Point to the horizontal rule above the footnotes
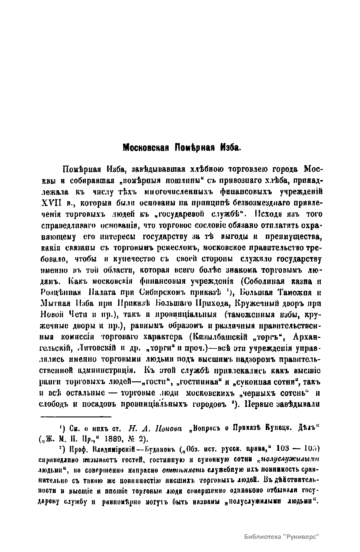pyautogui.click(x=76, y=416)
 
